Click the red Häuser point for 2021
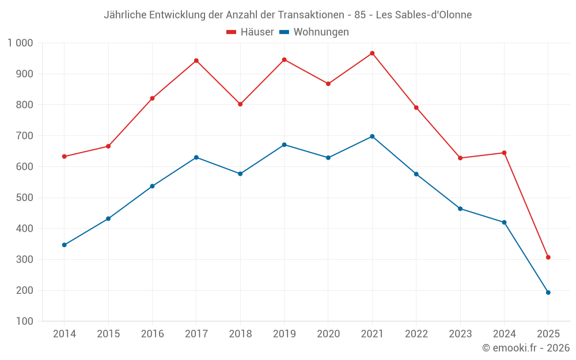(x=372, y=53)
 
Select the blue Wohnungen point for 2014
(x=64, y=245)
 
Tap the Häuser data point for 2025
(x=548, y=257)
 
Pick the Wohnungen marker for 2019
(x=284, y=145)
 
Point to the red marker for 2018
(x=240, y=104)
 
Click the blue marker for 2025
(x=548, y=292)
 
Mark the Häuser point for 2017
(x=196, y=60)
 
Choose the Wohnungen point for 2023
(x=460, y=209)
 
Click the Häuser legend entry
(x=250, y=32)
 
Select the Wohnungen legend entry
(x=314, y=32)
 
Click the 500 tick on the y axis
(x=24, y=198)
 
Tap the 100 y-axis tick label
(x=24, y=321)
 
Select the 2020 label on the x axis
(x=328, y=334)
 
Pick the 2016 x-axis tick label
(x=152, y=334)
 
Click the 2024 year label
(x=504, y=334)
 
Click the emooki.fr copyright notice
(x=525, y=348)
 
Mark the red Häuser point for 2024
(x=504, y=153)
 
